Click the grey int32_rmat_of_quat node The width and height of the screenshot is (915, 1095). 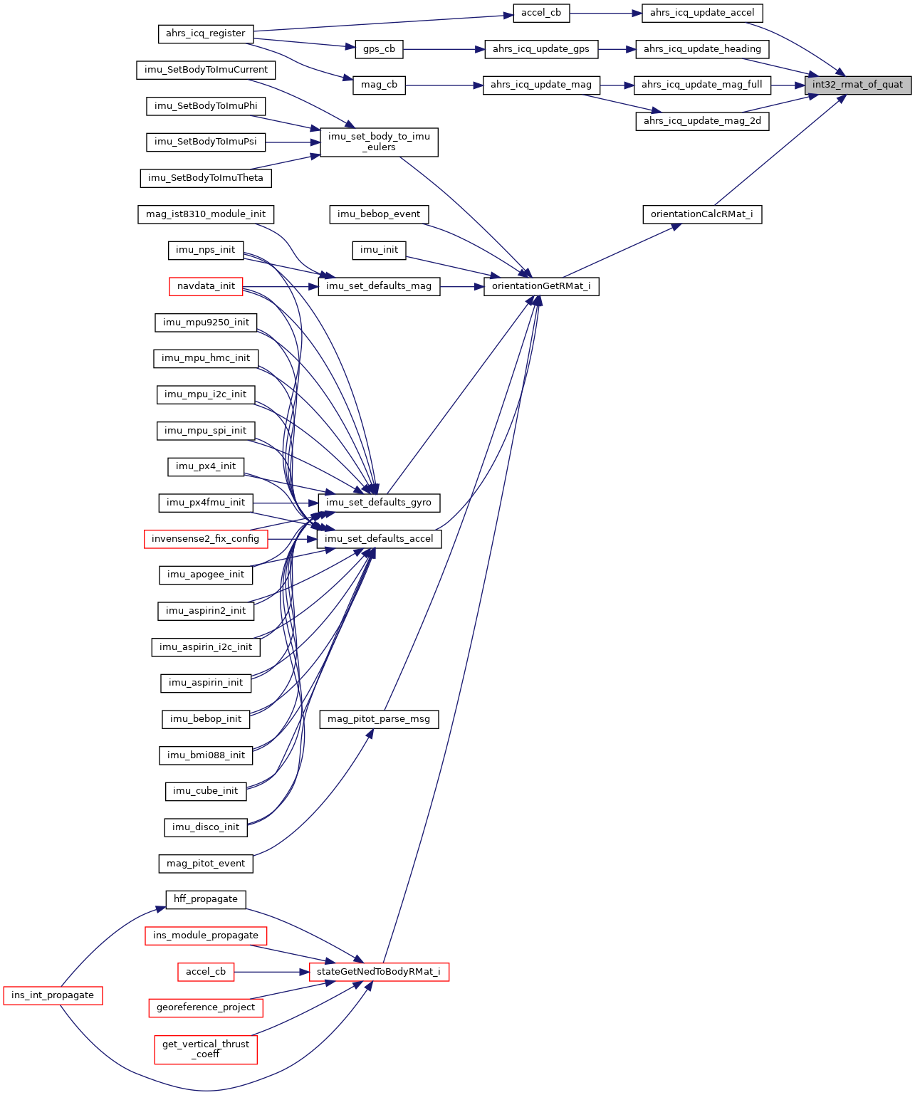coord(858,85)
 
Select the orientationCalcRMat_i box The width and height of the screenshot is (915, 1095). coord(702,214)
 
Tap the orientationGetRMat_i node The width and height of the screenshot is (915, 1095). coord(541,286)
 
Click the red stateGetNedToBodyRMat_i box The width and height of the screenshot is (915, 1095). coord(379,972)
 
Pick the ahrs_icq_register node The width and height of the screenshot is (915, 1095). coord(205,33)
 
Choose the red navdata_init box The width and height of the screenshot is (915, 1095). coord(206,286)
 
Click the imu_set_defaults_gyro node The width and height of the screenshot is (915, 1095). coord(379,503)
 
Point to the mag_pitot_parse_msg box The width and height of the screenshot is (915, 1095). coord(379,719)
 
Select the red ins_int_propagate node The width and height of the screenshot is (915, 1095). coord(53,995)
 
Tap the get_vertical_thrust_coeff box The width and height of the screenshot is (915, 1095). coord(206,1049)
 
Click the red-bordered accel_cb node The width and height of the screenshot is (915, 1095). coord(206,972)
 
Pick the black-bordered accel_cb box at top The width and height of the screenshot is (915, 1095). coord(541,13)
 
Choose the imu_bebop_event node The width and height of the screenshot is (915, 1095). coord(379,214)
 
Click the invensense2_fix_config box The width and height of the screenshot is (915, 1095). coord(206,539)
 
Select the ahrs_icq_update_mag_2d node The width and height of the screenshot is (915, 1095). coord(702,121)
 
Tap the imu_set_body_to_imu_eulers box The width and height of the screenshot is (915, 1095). coord(379,142)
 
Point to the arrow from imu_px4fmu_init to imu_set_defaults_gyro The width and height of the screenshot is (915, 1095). coord(285,503)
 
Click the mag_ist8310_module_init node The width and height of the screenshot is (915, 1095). coord(206,214)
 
